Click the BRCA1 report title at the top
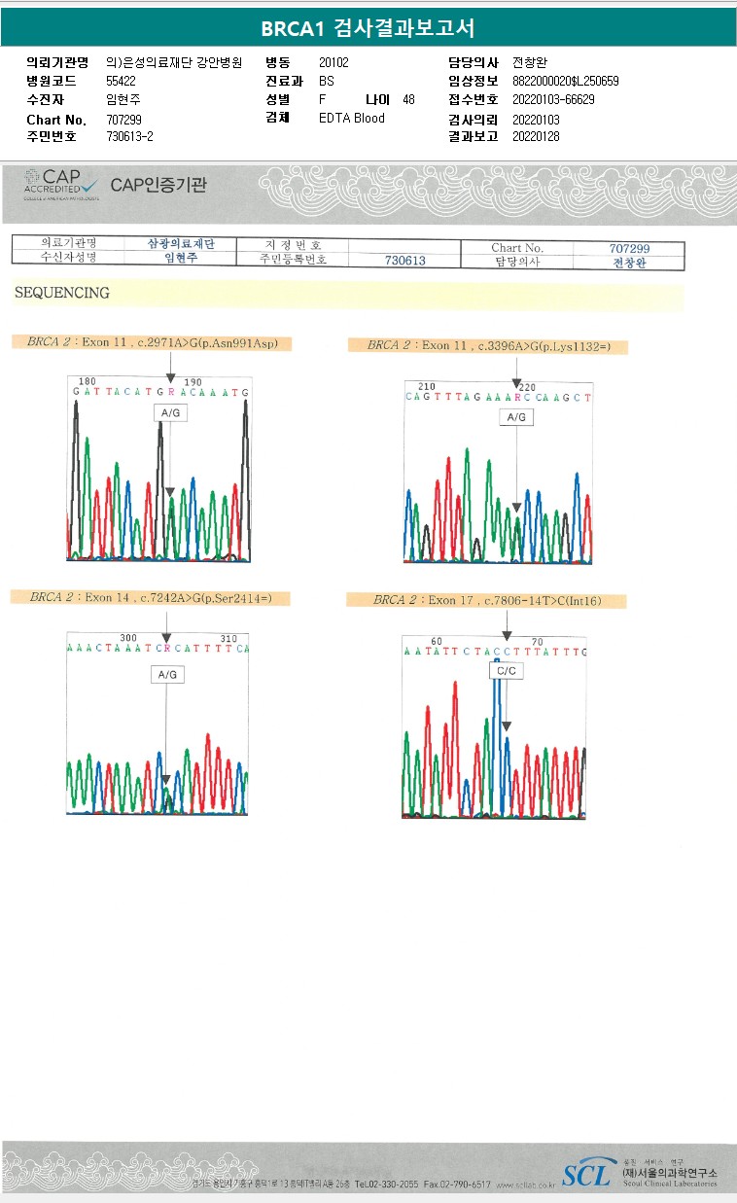368,28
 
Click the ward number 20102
333,62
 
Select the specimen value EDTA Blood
352,119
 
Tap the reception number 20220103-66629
553,100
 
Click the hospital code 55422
122,81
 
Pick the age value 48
408,100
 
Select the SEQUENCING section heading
61,293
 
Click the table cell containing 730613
404,261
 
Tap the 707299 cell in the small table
628,249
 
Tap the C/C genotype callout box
506,671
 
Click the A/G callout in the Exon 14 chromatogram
167,674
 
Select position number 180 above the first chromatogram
87,381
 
